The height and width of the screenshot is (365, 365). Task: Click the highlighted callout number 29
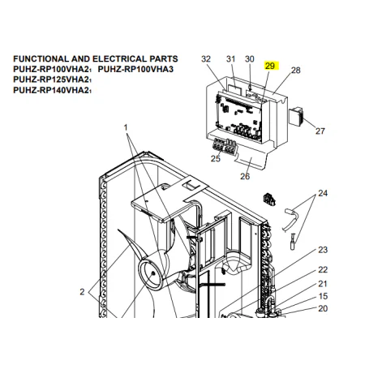[270, 66]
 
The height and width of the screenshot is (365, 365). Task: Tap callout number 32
[206, 58]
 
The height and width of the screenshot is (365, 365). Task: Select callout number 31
[230, 58]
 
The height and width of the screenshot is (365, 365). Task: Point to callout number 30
[249, 58]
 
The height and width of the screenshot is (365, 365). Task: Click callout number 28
[295, 71]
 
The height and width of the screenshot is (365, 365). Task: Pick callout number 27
[320, 131]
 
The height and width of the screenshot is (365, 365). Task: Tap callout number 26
[245, 176]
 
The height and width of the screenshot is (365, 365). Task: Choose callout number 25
[216, 158]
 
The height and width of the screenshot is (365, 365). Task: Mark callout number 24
[323, 193]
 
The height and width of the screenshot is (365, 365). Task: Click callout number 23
[323, 250]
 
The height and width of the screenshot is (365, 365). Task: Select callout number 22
[323, 269]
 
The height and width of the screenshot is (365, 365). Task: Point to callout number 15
[323, 296]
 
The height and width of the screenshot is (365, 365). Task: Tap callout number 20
[323, 308]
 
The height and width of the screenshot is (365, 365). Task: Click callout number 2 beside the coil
[82, 292]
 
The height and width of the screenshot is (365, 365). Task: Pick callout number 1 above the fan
[126, 127]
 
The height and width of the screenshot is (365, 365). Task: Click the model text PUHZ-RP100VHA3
[135, 69]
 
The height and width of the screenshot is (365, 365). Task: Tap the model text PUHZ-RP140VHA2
[52, 90]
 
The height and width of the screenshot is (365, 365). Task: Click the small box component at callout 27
[296, 116]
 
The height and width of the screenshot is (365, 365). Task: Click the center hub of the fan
[153, 273]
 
